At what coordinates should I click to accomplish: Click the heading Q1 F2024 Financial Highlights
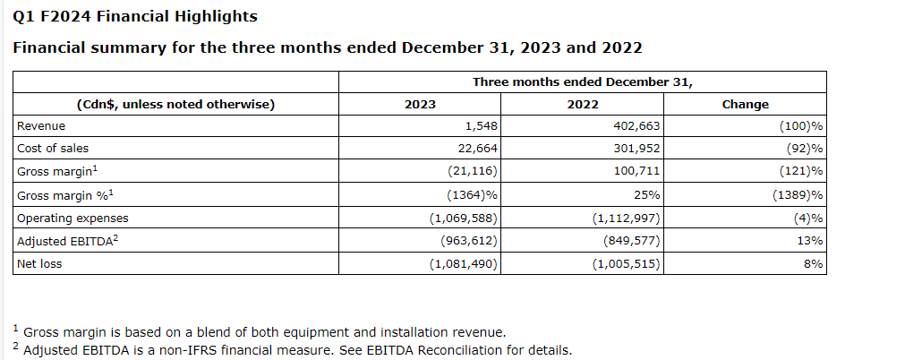(x=135, y=16)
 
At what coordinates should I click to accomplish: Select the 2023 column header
(x=420, y=104)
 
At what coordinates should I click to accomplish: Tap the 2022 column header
(x=583, y=104)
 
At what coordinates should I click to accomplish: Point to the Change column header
(x=745, y=104)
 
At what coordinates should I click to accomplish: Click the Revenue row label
(x=41, y=126)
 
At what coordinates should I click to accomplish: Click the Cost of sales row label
(x=53, y=149)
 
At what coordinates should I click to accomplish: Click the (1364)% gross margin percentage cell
(x=471, y=194)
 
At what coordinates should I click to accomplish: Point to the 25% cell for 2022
(x=648, y=194)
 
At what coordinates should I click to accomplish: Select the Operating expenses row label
(x=73, y=218)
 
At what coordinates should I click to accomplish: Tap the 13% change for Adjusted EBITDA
(x=812, y=240)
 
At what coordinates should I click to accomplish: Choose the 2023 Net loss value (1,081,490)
(x=464, y=263)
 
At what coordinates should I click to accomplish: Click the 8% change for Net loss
(x=815, y=263)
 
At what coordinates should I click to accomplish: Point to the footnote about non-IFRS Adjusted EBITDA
(x=295, y=350)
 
